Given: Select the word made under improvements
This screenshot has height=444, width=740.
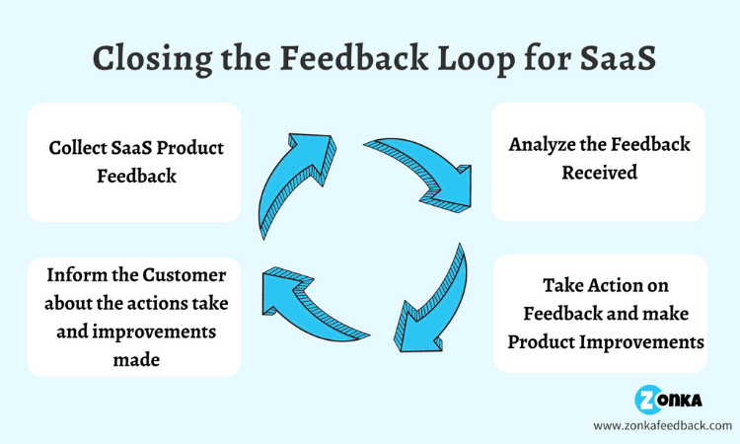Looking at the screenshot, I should [x=134, y=360].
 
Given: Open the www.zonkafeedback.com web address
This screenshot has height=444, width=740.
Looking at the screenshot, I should [x=662, y=425].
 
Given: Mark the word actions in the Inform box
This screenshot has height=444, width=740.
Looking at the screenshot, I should [x=126, y=302].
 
